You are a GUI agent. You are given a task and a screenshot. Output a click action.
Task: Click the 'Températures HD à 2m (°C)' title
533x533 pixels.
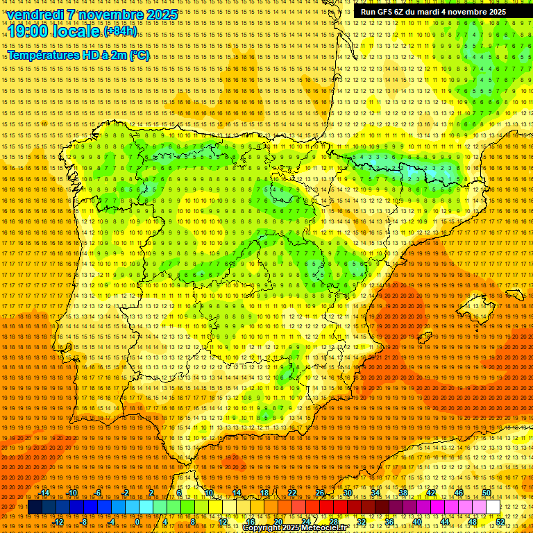(x=78, y=55)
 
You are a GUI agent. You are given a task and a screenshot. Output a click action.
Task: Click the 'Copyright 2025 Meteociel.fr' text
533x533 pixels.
(x=304, y=528)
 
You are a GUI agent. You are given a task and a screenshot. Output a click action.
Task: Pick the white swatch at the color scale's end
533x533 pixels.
(x=493, y=507)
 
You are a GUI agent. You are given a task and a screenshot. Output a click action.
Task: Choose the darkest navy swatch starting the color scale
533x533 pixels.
(x=34, y=507)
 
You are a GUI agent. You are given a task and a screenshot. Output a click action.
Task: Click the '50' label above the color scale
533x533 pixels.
(x=487, y=493)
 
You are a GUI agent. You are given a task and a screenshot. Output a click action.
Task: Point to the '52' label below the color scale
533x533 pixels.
(x=500, y=522)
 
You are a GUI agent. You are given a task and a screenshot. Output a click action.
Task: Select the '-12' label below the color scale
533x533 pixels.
(x=58, y=522)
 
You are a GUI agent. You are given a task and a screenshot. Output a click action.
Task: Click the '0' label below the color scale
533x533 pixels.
(x=137, y=522)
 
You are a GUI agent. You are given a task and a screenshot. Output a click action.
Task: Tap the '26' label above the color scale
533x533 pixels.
(x=320, y=493)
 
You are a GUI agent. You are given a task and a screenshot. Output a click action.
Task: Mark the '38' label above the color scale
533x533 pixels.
(x=403, y=493)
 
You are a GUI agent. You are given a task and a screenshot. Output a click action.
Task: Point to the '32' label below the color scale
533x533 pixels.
(x=361, y=522)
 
